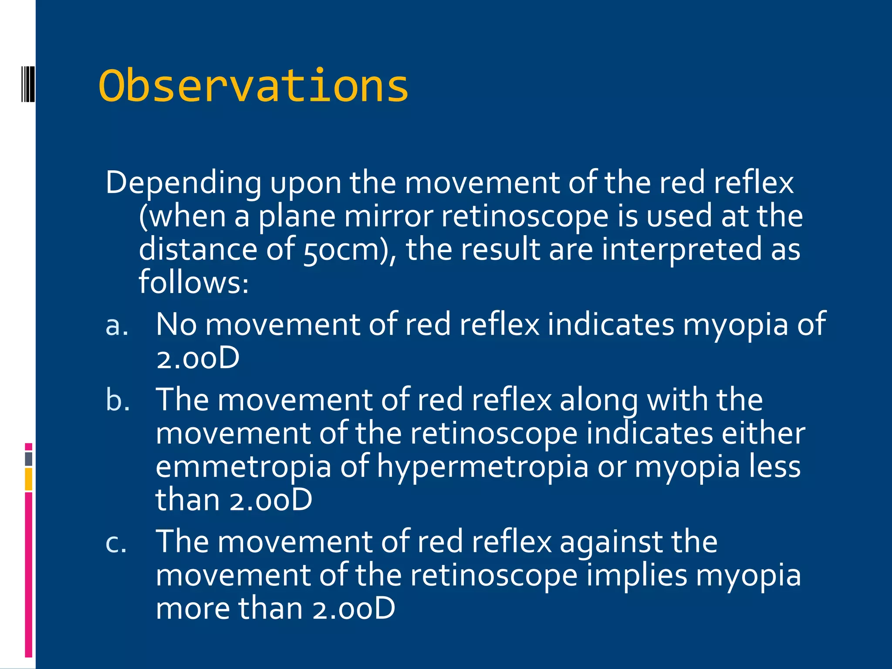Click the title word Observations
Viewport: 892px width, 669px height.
tap(253, 86)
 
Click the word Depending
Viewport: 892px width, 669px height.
tap(183, 182)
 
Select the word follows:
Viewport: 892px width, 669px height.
tap(193, 282)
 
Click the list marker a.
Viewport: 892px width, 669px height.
tap(117, 325)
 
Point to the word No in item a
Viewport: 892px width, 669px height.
tap(176, 324)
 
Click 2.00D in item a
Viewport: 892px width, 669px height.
tap(198, 358)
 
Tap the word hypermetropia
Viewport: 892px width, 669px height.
tap(483, 467)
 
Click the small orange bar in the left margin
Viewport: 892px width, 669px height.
tap(29, 479)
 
